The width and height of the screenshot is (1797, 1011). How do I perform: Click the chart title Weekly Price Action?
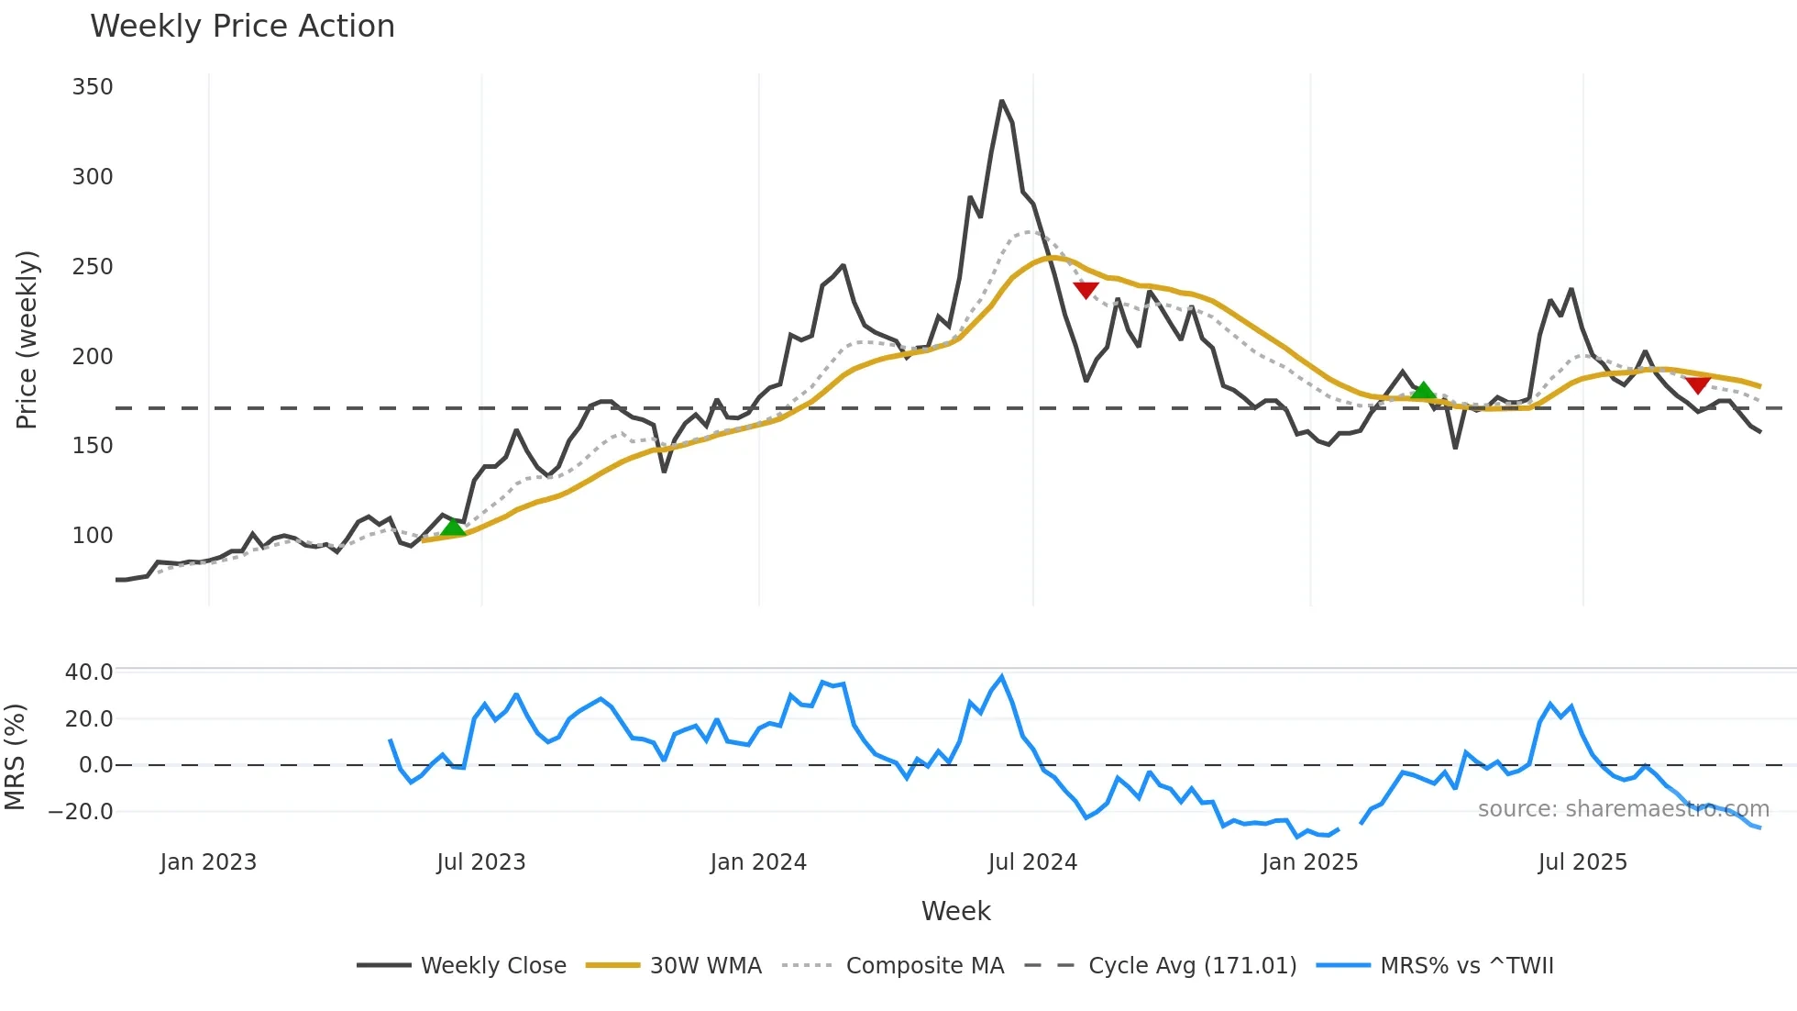(242, 27)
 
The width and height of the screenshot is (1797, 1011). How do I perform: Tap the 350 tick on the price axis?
(93, 87)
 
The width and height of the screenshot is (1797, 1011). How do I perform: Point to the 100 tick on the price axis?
(93, 536)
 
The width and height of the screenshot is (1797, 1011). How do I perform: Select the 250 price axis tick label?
(93, 267)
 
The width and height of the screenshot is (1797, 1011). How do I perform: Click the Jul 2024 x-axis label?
(1032, 862)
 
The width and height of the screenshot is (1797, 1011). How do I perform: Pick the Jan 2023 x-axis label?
(208, 862)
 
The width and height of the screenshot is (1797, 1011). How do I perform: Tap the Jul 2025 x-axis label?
(1582, 862)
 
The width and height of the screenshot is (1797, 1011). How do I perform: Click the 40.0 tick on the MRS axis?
(89, 672)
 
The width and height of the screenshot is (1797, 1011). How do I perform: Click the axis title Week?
(955, 911)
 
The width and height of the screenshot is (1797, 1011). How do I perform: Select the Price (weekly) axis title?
(27, 339)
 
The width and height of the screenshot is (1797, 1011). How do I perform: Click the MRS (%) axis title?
(15, 757)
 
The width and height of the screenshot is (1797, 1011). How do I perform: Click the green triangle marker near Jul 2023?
(453, 528)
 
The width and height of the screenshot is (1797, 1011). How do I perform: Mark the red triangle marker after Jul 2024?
(1086, 290)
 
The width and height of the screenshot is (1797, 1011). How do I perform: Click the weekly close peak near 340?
(1002, 101)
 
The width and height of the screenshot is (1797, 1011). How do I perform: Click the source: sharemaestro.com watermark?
(1623, 809)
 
